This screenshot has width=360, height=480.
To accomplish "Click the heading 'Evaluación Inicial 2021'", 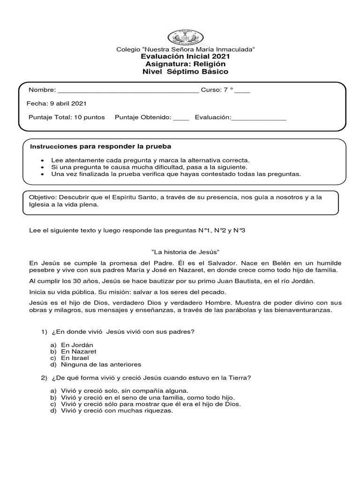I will [185, 56].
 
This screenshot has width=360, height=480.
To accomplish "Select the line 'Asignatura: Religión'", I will [185, 64].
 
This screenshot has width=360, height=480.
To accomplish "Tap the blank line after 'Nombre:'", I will [127, 90].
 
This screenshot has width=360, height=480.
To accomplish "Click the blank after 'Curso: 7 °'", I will [242, 90].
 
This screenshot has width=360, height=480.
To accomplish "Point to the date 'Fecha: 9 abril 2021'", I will [58, 104].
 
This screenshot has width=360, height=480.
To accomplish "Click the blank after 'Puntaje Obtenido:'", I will [181, 117].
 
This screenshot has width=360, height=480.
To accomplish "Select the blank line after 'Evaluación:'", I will [259, 117].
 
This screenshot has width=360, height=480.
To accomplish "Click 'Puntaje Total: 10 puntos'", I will [67, 117].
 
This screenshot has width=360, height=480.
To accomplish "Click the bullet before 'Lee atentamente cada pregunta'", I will [43, 160].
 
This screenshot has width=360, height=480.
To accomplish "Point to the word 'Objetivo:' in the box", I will [43, 198].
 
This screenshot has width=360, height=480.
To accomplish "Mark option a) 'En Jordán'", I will [77, 345].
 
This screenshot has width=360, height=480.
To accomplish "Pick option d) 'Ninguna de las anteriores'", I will [100, 364].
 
